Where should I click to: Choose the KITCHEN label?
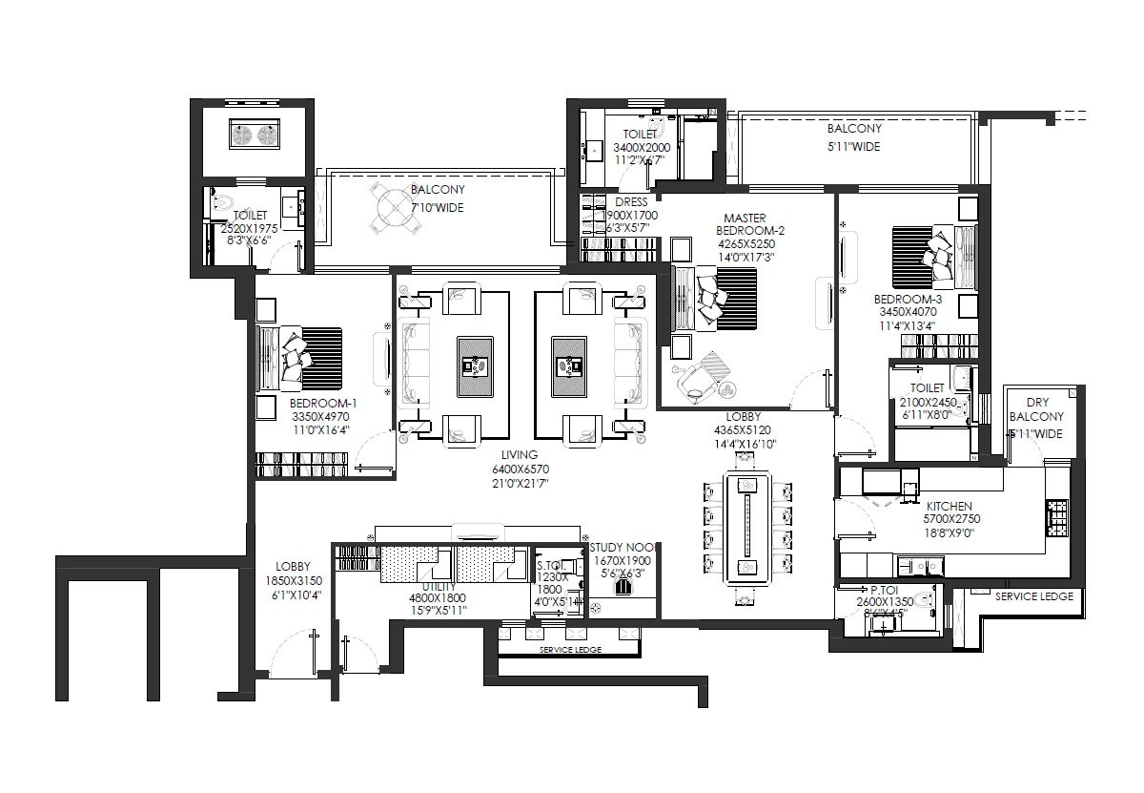(x=948, y=506)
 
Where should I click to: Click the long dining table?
(x=746, y=528)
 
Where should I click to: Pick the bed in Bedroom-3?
(x=931, y=256)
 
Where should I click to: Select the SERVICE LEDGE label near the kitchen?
(x=1033, y=596)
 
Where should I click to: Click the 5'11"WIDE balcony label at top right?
(x=853, y=147)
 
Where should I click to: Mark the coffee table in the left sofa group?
(x=475, y=365)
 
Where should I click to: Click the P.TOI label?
(x=887, y=592)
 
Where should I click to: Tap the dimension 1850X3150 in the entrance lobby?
(x=293, y=580)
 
